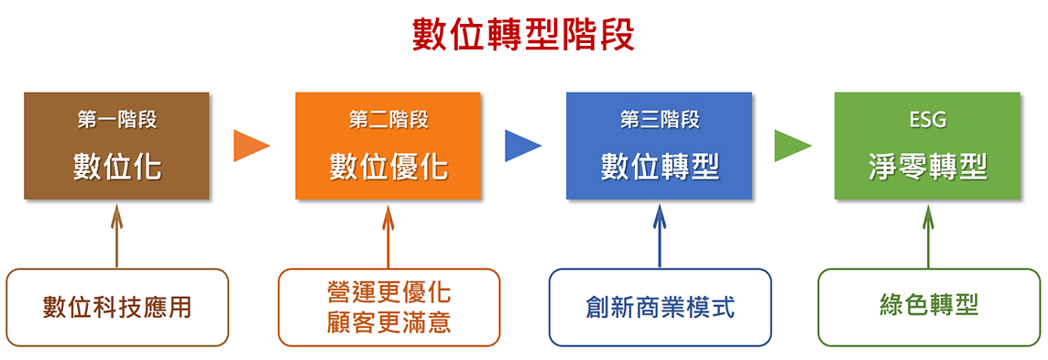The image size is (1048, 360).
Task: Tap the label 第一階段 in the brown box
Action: pos(116,119)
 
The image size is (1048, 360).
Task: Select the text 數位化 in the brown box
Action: pos(116,167)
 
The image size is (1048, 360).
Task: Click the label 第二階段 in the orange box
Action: pos(388,119)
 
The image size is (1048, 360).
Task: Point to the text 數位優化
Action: pos(388,167)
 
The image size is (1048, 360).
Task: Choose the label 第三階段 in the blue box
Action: pos(659,119)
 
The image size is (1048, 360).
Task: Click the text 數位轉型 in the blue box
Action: pos(659,167)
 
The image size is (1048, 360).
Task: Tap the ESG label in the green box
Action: pos(927,119)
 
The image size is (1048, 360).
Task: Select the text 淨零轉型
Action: pos(927,167)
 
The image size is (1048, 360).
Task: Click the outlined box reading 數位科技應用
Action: pos(116,307)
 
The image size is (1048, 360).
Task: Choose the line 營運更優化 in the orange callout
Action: pos(388,293)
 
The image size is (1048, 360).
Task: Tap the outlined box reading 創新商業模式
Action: pos(660,307)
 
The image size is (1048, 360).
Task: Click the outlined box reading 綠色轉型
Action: pos(928,307)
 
